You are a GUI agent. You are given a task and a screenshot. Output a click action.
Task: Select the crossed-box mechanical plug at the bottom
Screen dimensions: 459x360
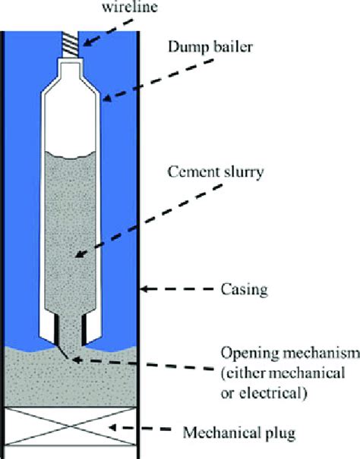73,429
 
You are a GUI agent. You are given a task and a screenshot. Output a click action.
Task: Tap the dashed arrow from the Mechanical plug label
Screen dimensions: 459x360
144,431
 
